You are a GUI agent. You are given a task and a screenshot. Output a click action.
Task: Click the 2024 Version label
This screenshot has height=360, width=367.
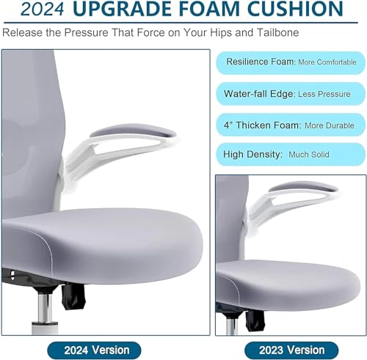point(94,350)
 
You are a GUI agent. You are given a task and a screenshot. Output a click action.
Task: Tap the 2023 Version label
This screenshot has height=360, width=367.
point(291,350)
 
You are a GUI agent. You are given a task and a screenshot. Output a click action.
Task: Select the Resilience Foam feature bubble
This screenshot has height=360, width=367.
point(291,62)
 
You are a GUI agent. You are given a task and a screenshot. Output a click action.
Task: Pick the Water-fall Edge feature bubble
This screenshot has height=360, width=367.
point(291,94)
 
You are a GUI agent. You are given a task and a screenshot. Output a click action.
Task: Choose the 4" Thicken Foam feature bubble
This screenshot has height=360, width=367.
point(291,125)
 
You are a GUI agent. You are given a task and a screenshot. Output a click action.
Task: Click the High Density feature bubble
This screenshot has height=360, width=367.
point(291,154)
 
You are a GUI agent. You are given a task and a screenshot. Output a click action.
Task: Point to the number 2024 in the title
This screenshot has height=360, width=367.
point(43,10)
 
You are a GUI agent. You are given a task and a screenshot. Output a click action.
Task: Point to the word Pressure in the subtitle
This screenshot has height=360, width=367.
point(86,32)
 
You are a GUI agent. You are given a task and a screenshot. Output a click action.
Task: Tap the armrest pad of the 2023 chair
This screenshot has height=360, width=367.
point(302,187)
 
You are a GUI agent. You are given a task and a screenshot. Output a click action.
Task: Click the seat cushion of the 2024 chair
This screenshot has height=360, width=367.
point(103,244)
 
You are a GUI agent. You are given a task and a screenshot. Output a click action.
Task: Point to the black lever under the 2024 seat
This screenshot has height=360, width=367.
point(73,295)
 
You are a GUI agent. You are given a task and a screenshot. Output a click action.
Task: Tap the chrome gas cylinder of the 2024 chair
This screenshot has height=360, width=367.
point(45,309)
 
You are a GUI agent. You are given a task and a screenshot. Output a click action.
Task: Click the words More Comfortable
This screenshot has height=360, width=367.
point(327,62)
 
